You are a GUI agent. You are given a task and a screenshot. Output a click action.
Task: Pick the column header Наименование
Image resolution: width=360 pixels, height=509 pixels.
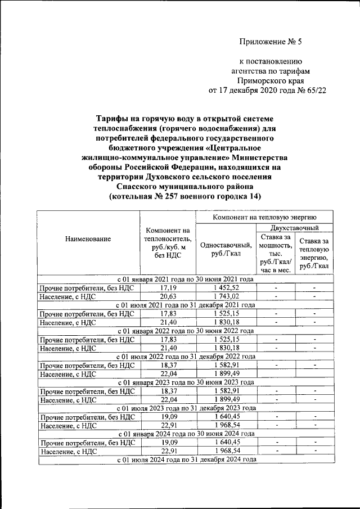pyautogui.click(x=88, y=238)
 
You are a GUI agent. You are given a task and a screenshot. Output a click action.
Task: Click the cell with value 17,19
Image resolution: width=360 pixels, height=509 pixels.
pyautogui.click(x=168, y=287)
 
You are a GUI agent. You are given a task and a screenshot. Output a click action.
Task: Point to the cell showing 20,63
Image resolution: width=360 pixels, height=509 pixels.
pyautogui.click(x=168, y=296)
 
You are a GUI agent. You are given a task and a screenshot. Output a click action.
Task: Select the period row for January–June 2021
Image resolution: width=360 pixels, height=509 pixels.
pyautogui.click(x=185, y=279)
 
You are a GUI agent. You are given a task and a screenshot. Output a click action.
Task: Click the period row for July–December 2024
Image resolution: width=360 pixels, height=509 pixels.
pyautogui.click(x=185, y=460)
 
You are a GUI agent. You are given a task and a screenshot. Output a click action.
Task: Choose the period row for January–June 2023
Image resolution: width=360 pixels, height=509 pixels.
pyautogui.click(x=185, y=382)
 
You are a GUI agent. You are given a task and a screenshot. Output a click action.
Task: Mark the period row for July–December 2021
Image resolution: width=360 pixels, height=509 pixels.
pyautogui.click(x=185, y=305)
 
